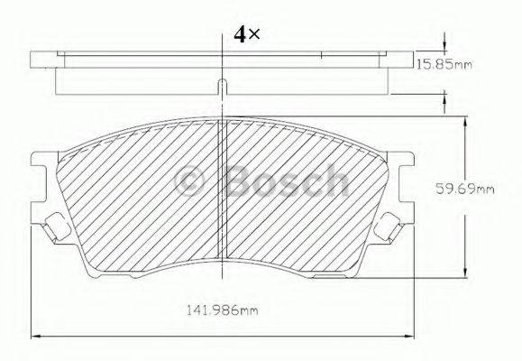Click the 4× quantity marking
246,34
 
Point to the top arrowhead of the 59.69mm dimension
465,120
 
